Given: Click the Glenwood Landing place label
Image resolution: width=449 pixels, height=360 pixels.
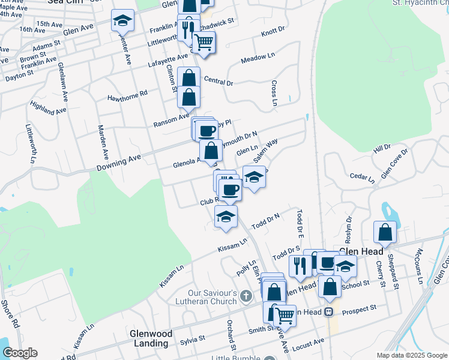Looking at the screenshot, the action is point(151,338).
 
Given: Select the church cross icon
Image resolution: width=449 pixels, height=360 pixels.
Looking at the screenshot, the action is point(246,295).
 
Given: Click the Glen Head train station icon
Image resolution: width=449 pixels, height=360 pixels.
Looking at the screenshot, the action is point(329,312).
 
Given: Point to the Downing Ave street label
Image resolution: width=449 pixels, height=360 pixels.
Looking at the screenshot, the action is point(123,158).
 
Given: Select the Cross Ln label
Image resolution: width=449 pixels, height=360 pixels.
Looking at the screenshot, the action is point(274,94).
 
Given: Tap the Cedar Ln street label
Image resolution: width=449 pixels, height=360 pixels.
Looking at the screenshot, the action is point(362,178).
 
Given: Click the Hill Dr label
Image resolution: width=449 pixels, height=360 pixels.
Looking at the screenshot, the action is point(382,148).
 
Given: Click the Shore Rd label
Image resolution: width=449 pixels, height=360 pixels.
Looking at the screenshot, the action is point(11,313).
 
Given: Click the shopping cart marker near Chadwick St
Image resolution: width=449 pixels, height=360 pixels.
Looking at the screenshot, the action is point(203,42).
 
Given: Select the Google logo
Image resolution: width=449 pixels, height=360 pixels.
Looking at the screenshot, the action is point(20,353).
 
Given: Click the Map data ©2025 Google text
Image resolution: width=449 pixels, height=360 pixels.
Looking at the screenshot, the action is point(411,355).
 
